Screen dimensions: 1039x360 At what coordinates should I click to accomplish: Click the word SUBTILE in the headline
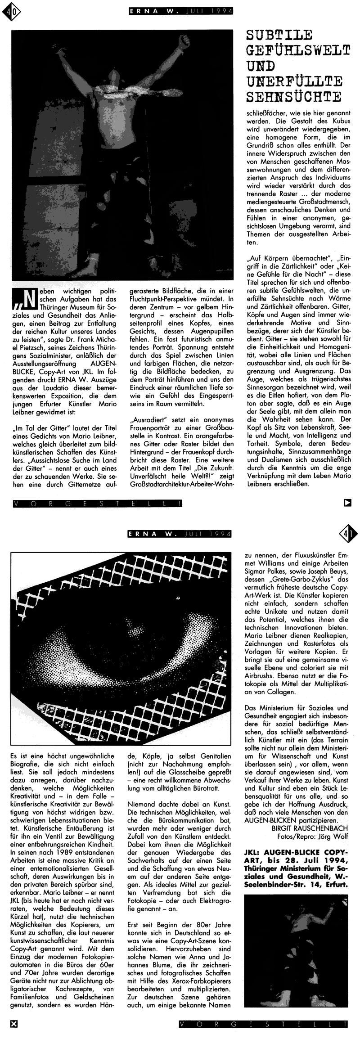(x=280, y=35)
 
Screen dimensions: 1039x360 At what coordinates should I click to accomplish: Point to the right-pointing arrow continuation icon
(x=347, y=503)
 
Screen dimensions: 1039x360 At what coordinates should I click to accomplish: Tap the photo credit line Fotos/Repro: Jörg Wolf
(x=312, y=836)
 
